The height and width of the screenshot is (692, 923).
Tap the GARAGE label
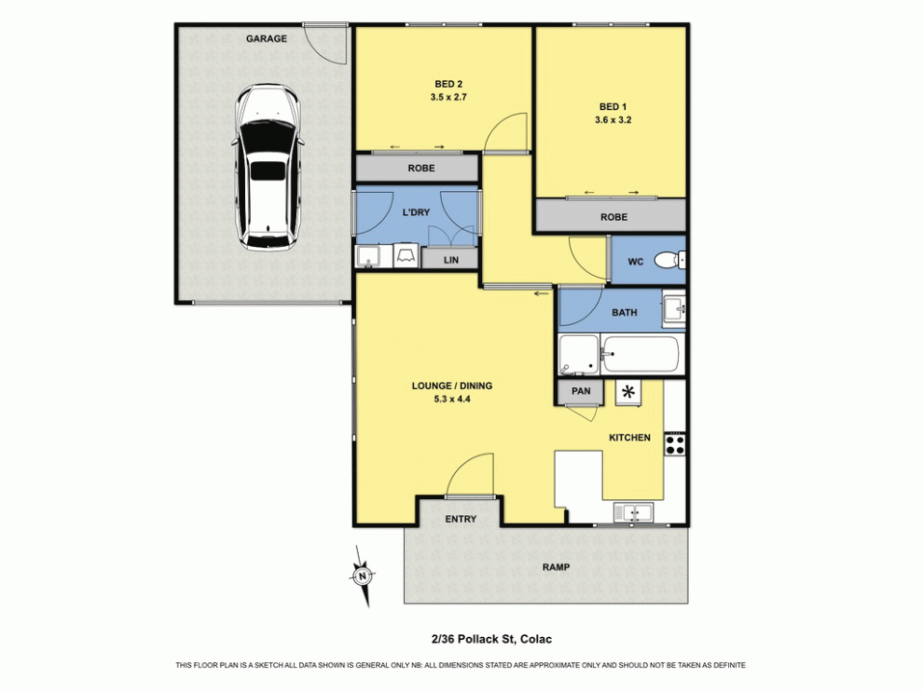click(x=266, y=39)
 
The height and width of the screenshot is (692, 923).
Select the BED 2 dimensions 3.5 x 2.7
click(x=448, y=97)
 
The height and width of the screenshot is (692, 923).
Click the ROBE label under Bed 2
click(x=421, y=168)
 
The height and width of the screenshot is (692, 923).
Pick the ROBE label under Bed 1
click(x=613, y=217)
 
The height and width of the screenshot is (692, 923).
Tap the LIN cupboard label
click(x=450, y=261)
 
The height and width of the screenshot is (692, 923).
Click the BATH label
click(x=624, y=313)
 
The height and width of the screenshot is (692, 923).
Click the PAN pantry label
click(x=581, y=392)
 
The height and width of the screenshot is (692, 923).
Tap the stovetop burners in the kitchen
click(x=675, y=444)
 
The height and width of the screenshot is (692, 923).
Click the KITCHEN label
click(x=629, y=438)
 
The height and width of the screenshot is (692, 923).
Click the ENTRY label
click(x=460, y=519)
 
